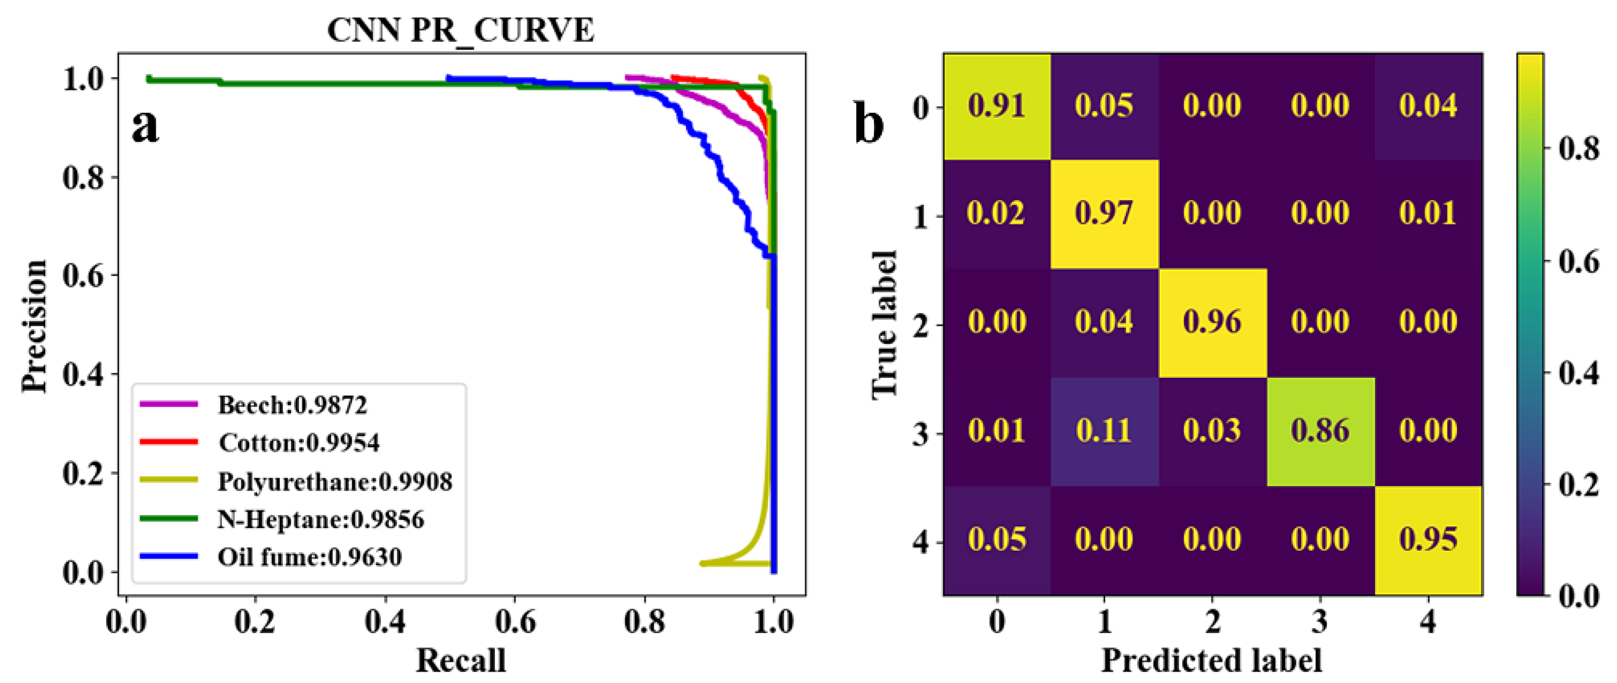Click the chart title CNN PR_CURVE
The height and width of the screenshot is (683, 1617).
tap(460, 30)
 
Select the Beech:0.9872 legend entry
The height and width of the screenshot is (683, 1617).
tap(292, 406)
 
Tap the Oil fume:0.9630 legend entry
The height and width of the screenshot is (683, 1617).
tap(309, 557)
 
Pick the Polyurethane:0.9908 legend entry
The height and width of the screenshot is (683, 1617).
tap(335, 481)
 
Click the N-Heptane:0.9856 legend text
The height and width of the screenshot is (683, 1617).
tap(320, 519)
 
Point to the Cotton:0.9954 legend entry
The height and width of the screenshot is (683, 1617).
tap(299, 443)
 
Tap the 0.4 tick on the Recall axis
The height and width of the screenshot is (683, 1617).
tap(385, 621)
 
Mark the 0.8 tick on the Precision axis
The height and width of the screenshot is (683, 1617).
tap(83, 178)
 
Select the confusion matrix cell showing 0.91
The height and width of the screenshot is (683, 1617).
tap(997, 106)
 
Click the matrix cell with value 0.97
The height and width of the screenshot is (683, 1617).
tap(1104, 213)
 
